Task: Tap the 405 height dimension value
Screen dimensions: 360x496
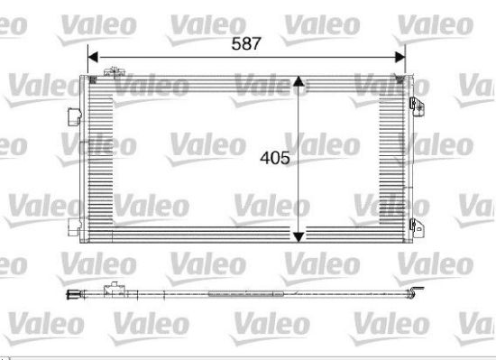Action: point(274,158)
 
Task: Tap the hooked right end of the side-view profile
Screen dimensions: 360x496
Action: point(417,291)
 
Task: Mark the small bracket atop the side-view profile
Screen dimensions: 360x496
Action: point(115,289)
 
